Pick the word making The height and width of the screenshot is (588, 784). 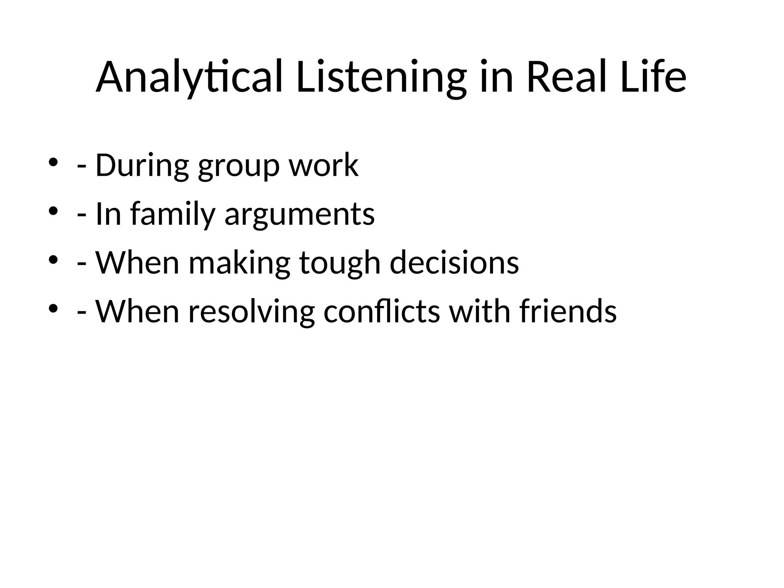[x=240, y=263]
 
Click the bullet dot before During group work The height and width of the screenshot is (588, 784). [x=53, y=162]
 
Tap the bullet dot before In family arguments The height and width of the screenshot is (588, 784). [x=53, y=211]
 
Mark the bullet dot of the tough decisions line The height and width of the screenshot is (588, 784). [x=53, y=260]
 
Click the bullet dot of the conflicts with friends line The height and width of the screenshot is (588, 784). [x=53, y=308]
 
